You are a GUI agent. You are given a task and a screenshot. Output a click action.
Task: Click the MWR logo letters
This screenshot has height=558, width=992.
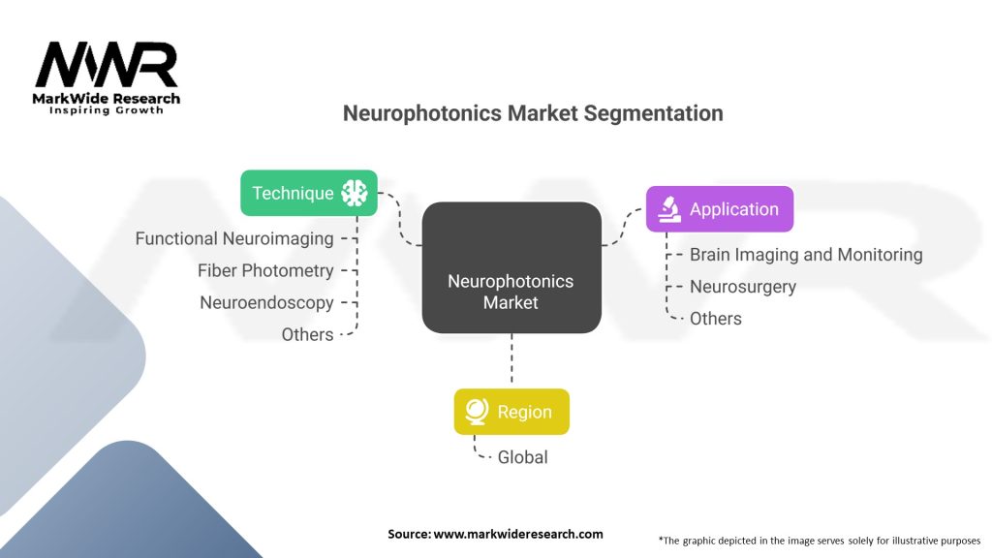107,65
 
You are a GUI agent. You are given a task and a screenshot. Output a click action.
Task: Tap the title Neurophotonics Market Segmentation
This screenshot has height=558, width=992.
533,113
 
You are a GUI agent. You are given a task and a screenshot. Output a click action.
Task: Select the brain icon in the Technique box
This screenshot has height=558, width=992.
355,193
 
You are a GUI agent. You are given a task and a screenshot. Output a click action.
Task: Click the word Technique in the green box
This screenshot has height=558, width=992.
293,193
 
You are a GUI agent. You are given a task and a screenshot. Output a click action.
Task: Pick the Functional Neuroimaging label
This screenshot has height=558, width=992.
234,238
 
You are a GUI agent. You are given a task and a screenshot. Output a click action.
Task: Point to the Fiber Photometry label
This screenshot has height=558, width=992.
265,270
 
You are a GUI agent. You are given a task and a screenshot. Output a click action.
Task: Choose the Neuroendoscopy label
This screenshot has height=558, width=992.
266,302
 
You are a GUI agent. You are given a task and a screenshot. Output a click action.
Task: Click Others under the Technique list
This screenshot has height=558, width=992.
307,334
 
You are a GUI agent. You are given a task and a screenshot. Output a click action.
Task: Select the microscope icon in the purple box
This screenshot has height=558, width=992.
668,208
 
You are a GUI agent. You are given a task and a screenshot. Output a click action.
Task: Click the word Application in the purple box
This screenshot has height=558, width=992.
733,209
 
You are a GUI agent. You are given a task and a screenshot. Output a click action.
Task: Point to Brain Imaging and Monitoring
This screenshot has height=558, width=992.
806,255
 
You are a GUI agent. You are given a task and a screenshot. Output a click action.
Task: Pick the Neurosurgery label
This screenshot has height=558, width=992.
743,287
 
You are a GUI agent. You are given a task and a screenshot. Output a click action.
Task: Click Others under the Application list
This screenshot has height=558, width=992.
716,319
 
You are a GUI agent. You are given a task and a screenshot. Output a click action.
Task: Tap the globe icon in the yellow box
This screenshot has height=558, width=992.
475,412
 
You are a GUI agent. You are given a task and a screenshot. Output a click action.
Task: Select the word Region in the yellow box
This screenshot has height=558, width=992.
524,412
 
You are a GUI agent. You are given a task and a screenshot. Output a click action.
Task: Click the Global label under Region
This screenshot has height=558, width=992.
522,457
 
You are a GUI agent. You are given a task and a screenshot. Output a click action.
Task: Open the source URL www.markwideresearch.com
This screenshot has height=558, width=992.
517,534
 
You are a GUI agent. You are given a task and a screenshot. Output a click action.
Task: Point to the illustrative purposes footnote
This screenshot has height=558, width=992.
819,540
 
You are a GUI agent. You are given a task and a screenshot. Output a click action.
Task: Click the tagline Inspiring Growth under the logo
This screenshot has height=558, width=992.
107,110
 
